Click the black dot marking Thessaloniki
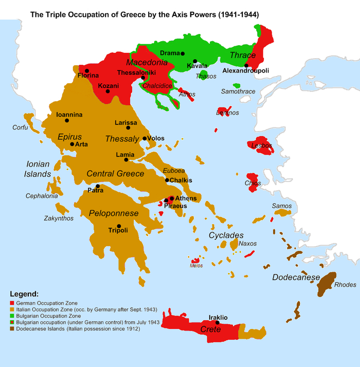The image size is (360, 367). [x=143, y=78]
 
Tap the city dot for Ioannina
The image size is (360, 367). [x=66, y=120]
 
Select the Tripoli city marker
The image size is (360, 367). [x=119, y=226]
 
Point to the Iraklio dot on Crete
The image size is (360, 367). [x=218, y=323]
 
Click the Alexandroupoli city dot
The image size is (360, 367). [x=246, y=65]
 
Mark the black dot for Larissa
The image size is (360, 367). [x=128, y=127]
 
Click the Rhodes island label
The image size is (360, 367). [x=345, y=285]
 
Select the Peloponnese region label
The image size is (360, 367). [x=114, y=213]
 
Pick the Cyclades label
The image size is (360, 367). [x=226, y=235]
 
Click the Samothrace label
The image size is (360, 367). [x=238, y=91]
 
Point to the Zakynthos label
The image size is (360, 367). [x=58, y=218]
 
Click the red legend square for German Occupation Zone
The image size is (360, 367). [x=12, y=303]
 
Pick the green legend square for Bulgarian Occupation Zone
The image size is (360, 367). [x=12, y=316]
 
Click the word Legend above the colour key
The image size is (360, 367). [x=24, y=295]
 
